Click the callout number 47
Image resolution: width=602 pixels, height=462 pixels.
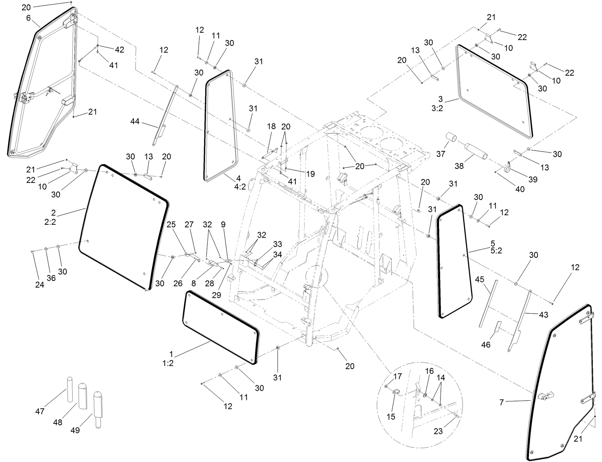point(39,411)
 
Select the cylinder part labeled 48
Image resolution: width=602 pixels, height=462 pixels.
point(82,396)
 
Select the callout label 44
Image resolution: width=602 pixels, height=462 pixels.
point(135,121)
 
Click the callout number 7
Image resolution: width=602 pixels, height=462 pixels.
point(501,402)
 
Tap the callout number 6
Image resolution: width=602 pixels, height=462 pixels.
point(29,18)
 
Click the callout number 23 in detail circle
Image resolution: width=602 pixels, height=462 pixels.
point(438,432)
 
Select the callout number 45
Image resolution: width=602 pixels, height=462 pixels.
point(480,280)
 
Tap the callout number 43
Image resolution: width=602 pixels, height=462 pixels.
point(544,315)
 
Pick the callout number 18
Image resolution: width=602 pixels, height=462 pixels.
point(271,126)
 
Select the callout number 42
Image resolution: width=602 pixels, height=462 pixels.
point(120,50)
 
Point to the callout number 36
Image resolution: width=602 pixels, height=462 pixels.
point(51,278)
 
